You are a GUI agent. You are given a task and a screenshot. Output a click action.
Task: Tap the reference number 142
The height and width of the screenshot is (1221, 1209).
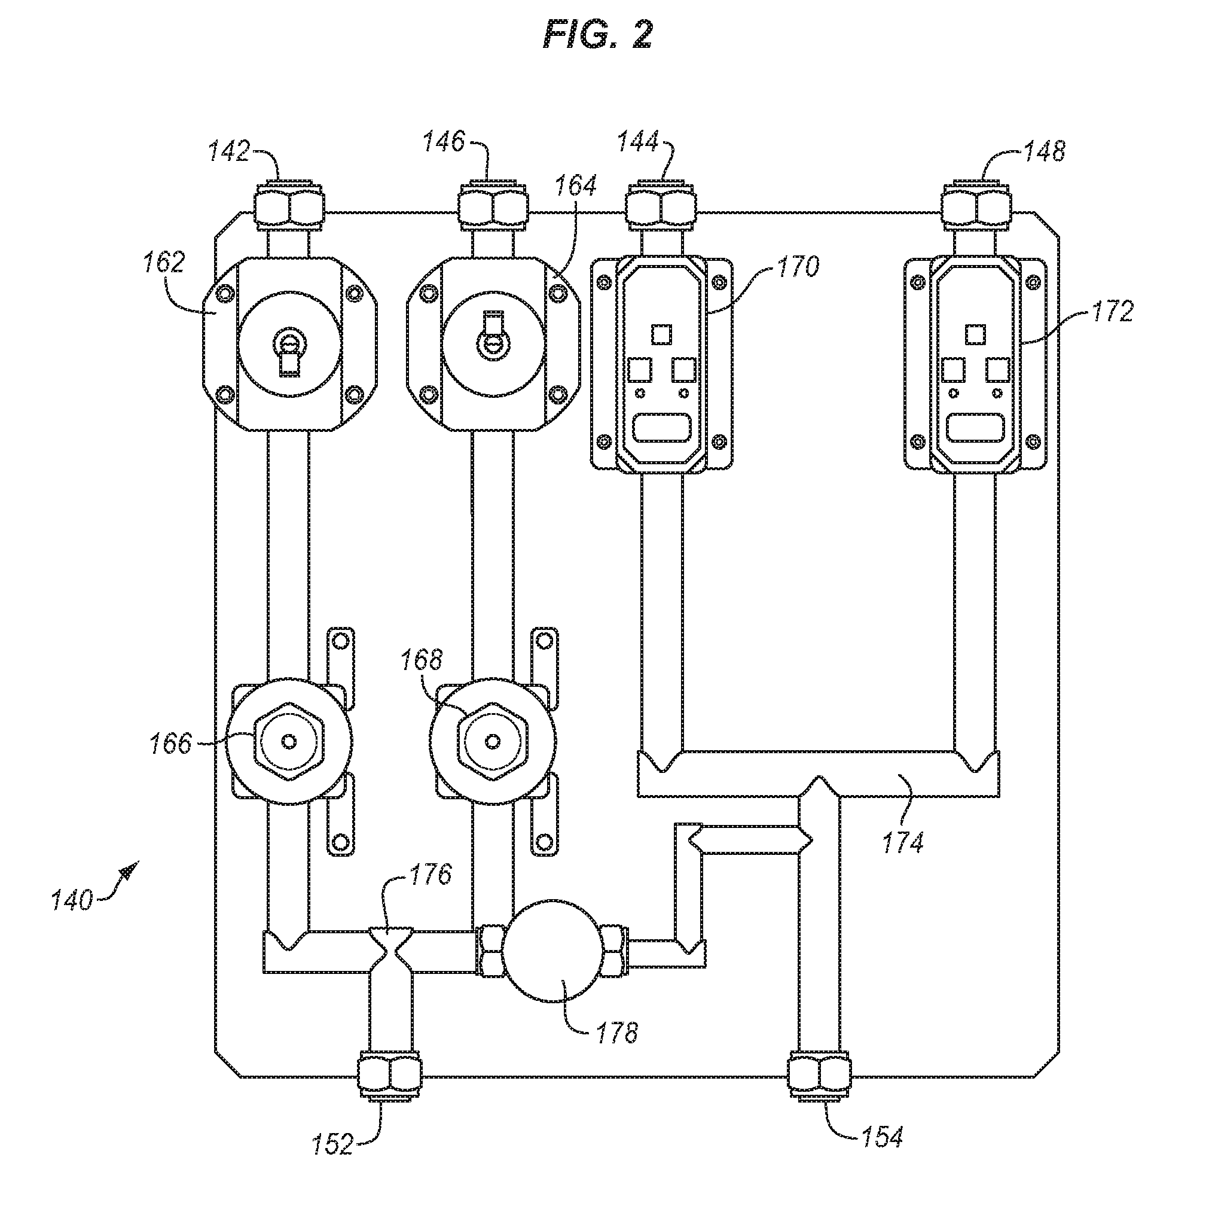(228, 153)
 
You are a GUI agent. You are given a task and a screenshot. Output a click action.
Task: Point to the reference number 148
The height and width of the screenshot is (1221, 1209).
(1043, 152)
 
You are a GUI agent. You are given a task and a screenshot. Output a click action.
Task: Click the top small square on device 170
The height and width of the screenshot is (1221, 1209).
(661, 334)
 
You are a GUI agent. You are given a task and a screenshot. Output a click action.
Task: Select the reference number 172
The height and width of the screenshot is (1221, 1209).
(1113, 311)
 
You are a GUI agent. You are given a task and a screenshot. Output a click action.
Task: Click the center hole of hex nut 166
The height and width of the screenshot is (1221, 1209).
(289, 741)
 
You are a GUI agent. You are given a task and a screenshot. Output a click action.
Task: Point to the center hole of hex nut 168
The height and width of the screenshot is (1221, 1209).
(493, 741)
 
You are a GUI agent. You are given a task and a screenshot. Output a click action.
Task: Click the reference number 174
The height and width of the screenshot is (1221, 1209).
(903, 842)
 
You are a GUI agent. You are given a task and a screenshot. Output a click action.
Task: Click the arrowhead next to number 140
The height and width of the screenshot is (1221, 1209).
(130, 871)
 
